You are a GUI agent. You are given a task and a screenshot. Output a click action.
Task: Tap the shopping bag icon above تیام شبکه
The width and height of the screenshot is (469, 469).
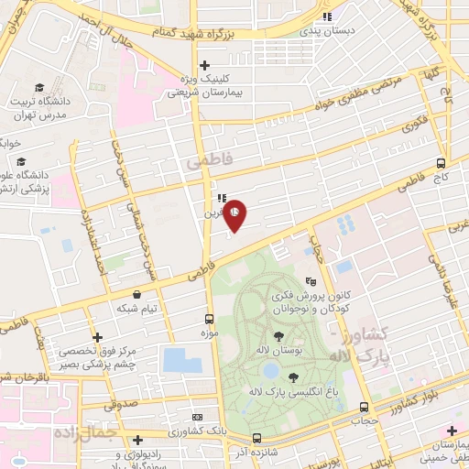click(136, 295)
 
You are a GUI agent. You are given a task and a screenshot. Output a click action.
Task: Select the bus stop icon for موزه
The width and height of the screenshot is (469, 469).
click(210, 319)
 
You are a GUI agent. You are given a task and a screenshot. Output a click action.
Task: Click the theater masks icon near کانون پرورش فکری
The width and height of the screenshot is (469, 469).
click(311, 283)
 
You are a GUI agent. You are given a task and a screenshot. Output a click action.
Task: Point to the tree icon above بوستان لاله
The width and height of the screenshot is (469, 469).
click(278, 336)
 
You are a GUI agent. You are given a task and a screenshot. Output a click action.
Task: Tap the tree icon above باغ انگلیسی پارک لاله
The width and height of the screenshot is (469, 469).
click(293, 377)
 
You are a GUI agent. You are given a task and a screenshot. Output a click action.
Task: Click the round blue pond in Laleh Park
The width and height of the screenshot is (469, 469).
click(270, 370)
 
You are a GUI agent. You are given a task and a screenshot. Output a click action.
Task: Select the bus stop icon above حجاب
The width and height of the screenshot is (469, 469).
click(365, 407)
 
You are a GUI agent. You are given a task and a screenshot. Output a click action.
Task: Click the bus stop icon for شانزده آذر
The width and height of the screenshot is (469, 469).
click(256, 438)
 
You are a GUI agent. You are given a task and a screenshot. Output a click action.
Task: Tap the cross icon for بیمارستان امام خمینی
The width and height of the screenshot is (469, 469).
click(451, 431)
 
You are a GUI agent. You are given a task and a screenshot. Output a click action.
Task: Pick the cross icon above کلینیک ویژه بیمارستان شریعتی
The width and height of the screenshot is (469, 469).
click(205, 65)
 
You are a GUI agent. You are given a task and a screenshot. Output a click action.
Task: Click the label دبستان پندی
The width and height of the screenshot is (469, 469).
click(333, 29)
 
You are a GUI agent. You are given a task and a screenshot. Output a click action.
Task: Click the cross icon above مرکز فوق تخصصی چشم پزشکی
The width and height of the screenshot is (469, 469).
click(97, 338)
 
